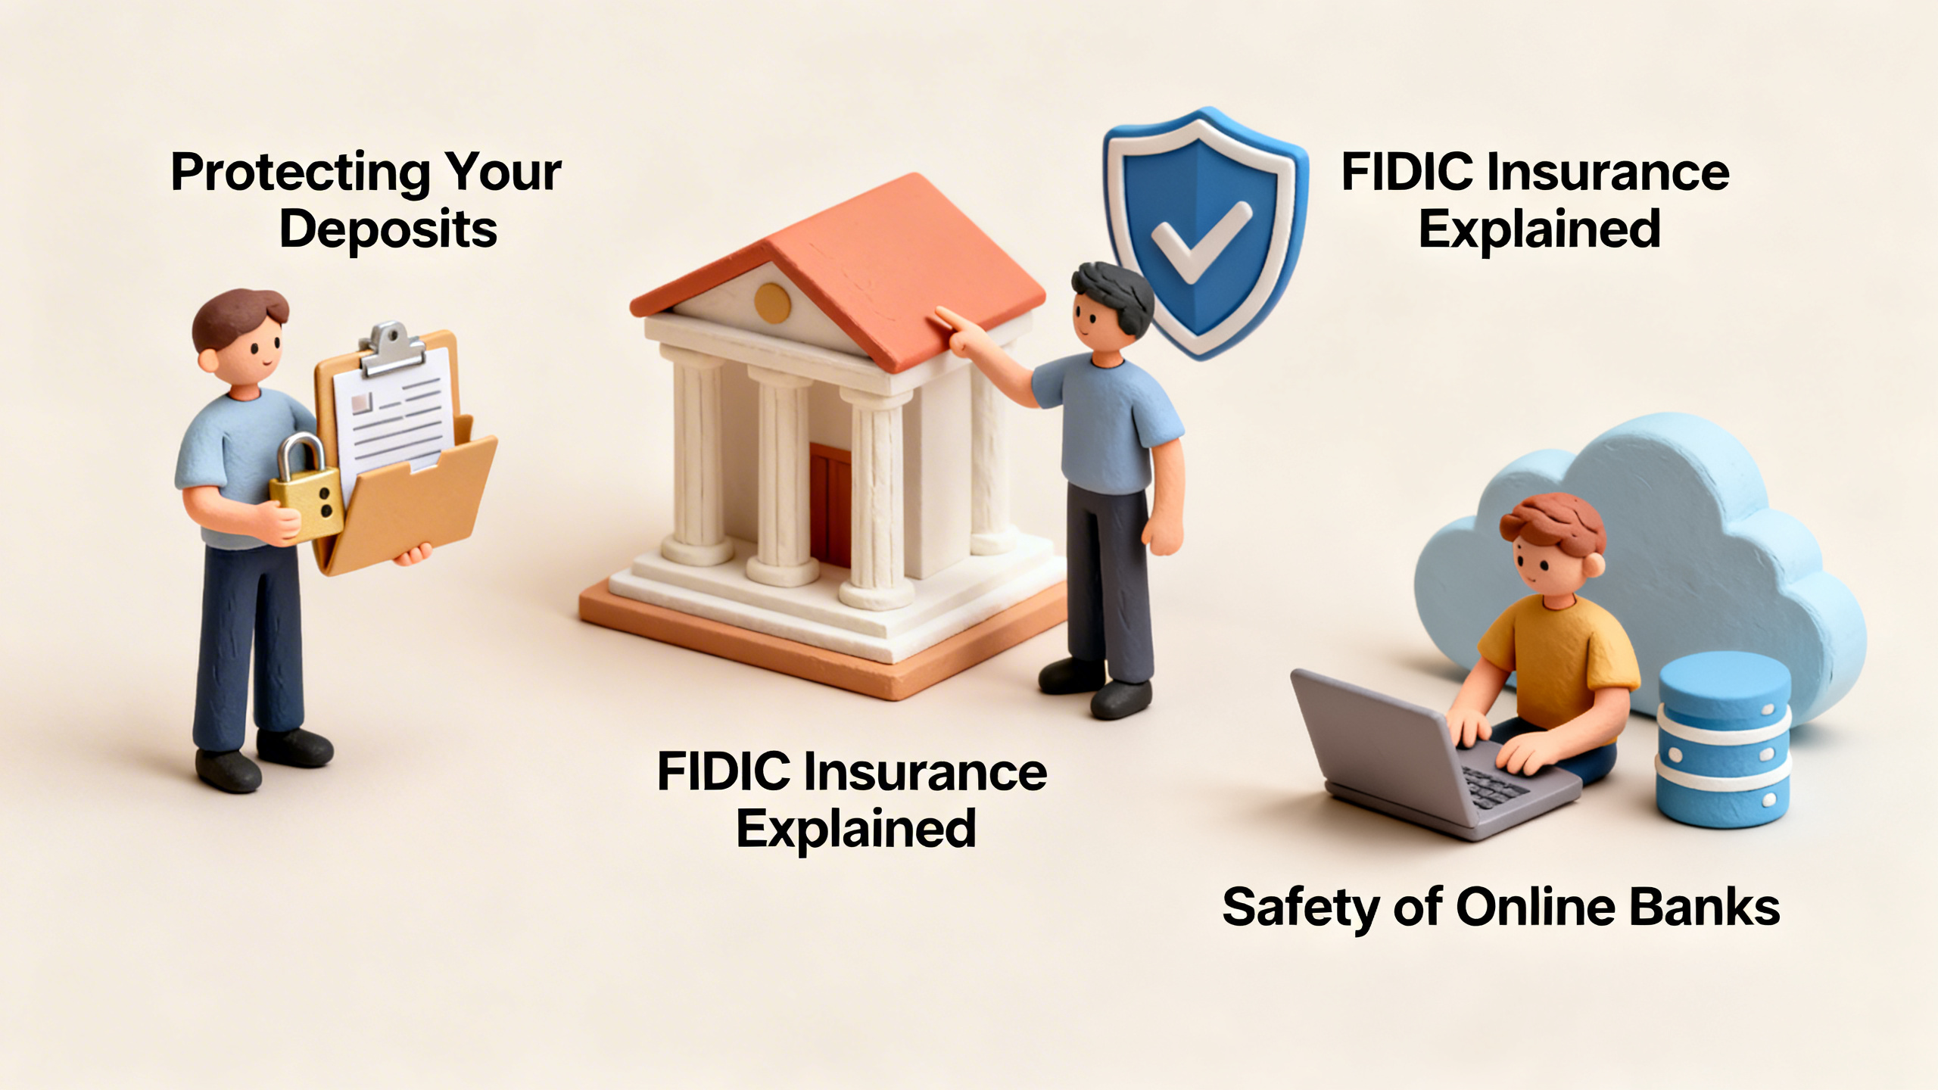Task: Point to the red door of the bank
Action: [830, 503]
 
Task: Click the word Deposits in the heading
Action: [388, 229]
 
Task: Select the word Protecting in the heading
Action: [301, 173]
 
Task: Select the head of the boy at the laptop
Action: [1552, 549]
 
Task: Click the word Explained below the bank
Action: [856, 829]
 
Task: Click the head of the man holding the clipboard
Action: [241, 337]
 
